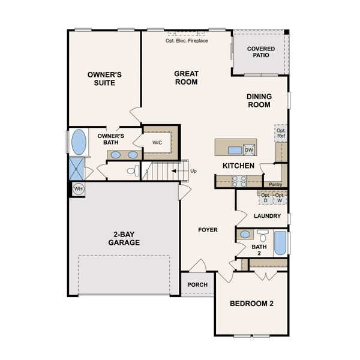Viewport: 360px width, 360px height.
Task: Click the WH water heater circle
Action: (79, 189)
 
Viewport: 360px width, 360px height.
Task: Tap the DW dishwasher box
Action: (249, 150)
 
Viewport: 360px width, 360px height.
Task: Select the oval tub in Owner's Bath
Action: (79, 142)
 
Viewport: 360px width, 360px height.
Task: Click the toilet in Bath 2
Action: (263, 236)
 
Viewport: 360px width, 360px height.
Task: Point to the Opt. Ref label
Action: (281, 133)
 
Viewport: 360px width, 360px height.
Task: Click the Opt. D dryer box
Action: (265, 197)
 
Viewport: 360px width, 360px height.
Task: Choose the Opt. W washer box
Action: (280, 197)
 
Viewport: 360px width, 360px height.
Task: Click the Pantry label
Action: (275, 184)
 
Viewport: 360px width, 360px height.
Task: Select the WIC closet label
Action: (157, 143)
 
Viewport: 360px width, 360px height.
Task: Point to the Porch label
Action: (197, 284)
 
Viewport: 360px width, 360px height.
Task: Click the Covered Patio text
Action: (261, 52)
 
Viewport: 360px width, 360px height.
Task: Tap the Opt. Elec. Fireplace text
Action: (187, 41)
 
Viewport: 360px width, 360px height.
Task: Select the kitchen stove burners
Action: (239, 181)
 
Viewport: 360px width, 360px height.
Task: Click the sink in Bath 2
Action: (245, 235)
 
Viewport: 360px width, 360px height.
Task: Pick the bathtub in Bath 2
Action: (280, 243)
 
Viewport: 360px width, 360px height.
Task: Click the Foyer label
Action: (208, 230)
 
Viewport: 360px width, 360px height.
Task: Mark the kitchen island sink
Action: (235, 151)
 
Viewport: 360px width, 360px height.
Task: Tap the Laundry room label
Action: (267, 216)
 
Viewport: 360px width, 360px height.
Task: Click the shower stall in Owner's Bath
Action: (76, 169)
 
